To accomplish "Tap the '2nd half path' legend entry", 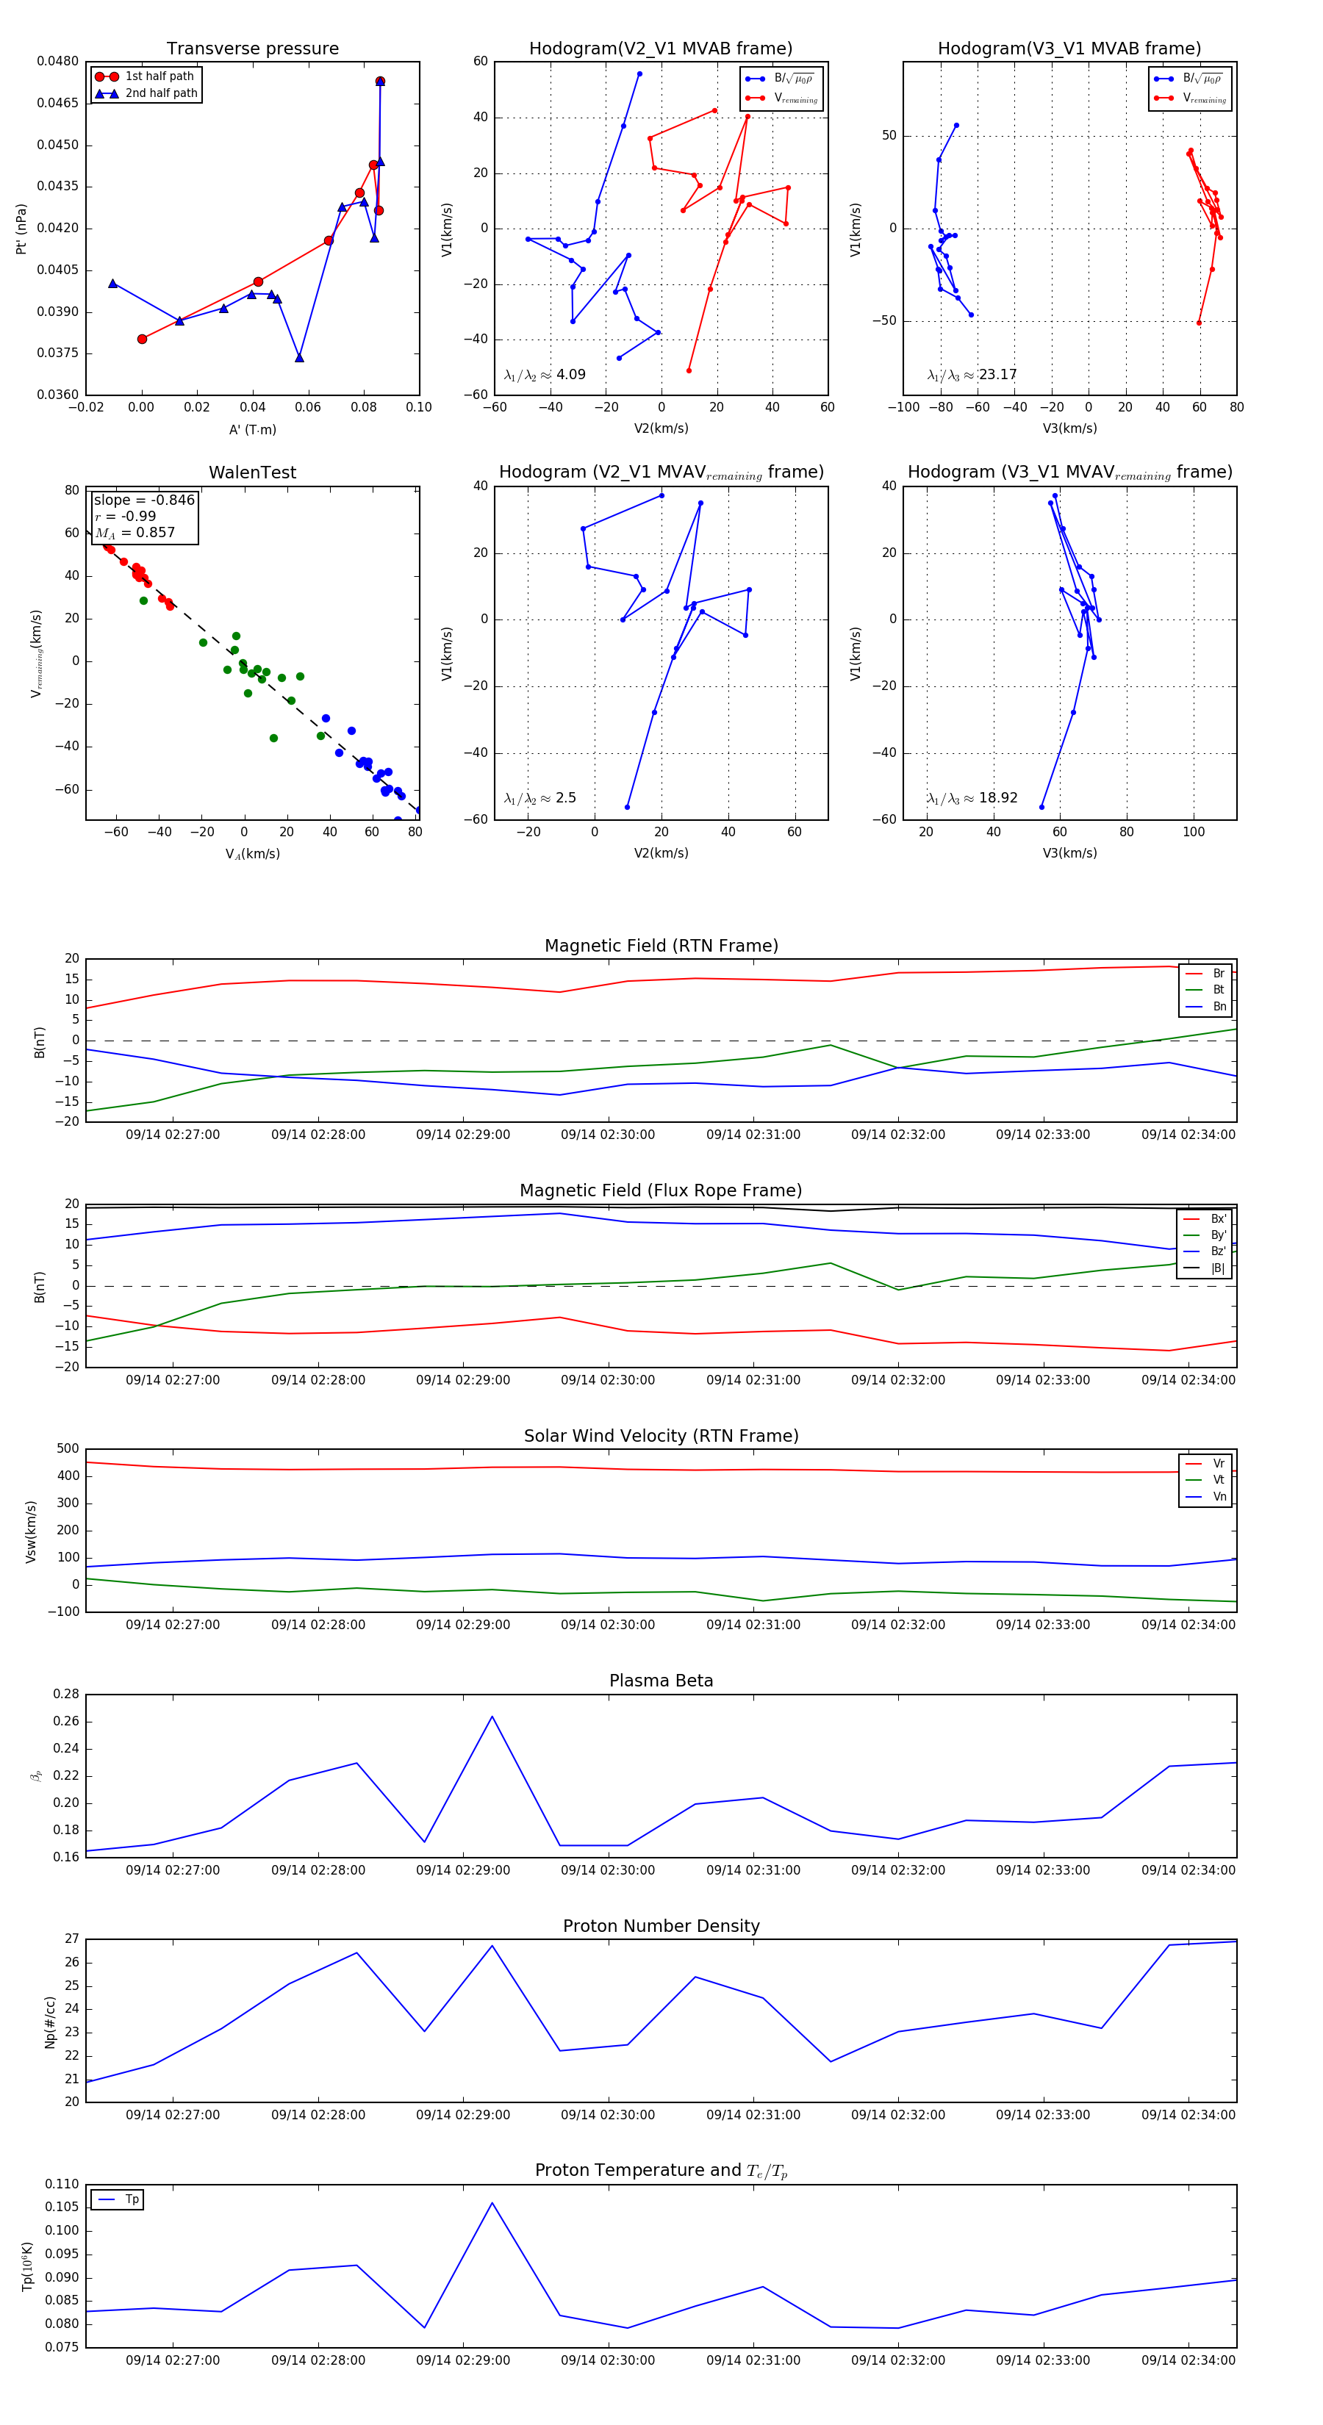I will tap(161, 93).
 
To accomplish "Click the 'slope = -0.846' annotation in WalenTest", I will tap(144, 500).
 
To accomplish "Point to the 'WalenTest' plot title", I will tap(252, 473).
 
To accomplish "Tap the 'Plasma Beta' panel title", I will tap(661, 1681).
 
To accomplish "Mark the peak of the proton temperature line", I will tap(492, 2203).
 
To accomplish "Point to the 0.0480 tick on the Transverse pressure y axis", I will tap(57, 61).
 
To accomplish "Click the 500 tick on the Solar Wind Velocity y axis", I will tap(68, 1449).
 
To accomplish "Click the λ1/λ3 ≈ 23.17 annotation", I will tap(972, 375).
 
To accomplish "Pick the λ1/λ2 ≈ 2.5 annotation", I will tap(539, 798).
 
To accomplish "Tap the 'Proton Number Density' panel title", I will tap(661, 1926).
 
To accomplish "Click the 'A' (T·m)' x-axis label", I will tap(252, 429).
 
